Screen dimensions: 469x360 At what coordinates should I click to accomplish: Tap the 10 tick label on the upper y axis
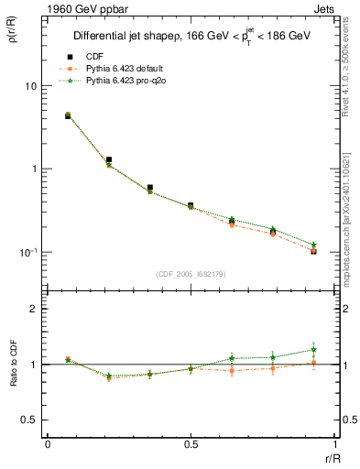pyautogui.click(x=29, y=86)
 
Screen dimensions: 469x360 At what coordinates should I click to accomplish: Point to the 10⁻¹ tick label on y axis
pyautogui.click(x=27, y=252)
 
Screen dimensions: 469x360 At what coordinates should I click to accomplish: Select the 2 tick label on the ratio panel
pyautogui.click(x=33, y=309)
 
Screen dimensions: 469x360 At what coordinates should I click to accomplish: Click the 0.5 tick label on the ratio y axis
pyautogui.click(x=29, y=420)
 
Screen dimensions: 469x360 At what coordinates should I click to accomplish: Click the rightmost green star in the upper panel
pyautogui.click(x=313, y=245)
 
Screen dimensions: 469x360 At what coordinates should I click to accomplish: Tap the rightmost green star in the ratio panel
pyautogui.click(x=313, y=349)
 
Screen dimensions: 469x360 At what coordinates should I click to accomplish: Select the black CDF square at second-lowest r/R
pyautogui.click(x=108, y=159)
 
